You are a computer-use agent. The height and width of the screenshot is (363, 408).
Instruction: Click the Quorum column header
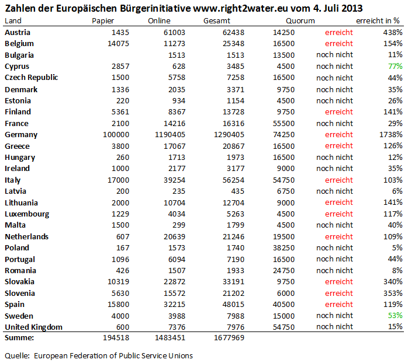(x=300, y=21)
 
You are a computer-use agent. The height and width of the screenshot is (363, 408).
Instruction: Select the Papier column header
(x=103, y=21)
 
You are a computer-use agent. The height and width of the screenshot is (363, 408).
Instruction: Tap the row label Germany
(x=21, y=135)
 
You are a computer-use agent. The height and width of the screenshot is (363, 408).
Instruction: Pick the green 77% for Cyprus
(x=395, y=67)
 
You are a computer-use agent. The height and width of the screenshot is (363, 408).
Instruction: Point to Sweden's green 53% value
(x=395, y=316)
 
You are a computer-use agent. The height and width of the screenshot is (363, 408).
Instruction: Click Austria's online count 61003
(x=174, y=33)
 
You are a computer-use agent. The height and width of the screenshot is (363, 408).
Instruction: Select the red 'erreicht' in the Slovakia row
(x=339, y=282)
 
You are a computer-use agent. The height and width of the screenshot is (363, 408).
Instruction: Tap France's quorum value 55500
(x=283, y=123)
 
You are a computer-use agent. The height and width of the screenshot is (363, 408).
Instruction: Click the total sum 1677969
(x=229, y=338)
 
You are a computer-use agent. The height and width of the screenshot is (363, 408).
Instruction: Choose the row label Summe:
(x=19, y=338)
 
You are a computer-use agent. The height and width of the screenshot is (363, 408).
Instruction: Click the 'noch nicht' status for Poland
(x=334, y=248)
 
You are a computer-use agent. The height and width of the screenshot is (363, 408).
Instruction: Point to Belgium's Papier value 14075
(x=119, y=43)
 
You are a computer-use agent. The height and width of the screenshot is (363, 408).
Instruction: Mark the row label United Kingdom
(x=33, y=327)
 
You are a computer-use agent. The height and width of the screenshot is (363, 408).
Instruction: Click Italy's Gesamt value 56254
(x=233, y=180)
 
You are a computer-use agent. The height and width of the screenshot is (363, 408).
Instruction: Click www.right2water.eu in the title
(x=240, y=9)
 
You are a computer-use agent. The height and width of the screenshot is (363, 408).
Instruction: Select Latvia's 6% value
(x=397, y=191)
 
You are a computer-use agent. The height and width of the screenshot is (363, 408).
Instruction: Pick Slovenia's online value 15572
(x=174, y=294)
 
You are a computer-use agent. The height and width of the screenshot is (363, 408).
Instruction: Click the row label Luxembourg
(x=27, y=214)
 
